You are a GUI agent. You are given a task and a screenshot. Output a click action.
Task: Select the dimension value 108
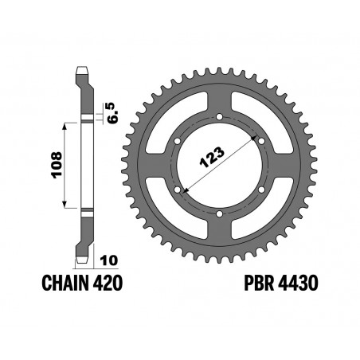point(57,165)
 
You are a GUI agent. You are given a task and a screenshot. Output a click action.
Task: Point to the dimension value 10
point(109,260)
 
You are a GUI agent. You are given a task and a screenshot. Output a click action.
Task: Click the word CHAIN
point(65,283)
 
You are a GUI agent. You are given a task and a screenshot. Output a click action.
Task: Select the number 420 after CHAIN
point(108,283)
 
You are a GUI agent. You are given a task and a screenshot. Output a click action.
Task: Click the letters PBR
point(260,283)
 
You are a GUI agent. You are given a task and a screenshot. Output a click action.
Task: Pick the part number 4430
point(298,283)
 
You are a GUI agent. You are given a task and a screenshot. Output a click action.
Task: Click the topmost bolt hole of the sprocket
point(219,117)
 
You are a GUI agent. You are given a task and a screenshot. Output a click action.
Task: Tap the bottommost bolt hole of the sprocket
point(219,213)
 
